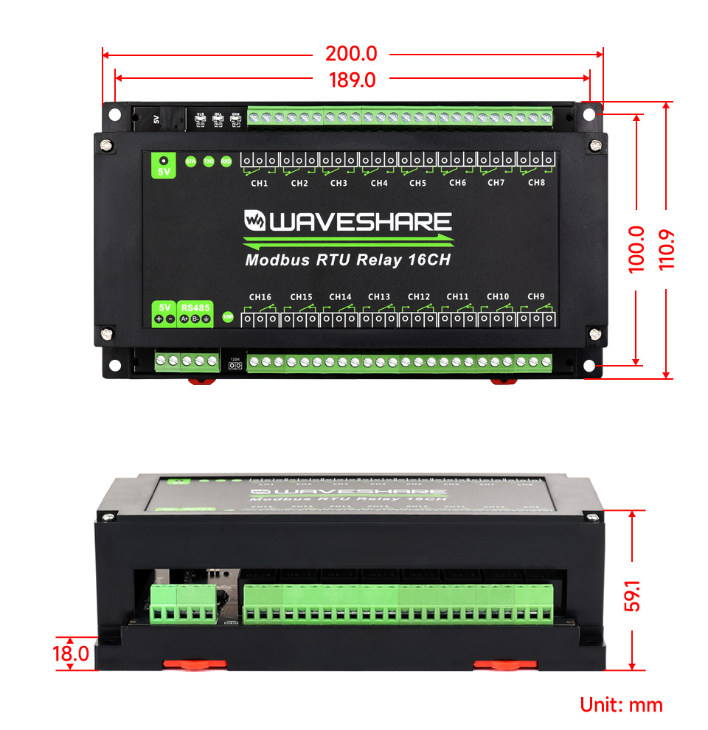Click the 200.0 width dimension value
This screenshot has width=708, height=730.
[351, 54]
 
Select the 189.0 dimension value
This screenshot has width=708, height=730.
[352, 80]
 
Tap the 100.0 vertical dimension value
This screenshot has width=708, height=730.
[636, 249]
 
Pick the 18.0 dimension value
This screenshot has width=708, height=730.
[71, 653]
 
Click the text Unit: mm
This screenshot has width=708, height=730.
[621, 704]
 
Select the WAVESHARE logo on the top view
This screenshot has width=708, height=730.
[347, 222]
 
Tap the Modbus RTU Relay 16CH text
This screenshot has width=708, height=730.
[347, 259]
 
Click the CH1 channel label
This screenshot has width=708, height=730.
[260, 183]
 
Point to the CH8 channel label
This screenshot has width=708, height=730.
[536, 182]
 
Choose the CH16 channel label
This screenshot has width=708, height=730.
[260, 297]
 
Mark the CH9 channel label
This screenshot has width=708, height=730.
[536, 296]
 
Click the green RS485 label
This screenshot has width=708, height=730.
[195, 307]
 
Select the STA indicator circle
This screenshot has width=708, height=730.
[190, 161]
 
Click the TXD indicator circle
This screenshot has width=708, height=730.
[209, 161]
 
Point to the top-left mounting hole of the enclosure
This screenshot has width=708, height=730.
[115, 114]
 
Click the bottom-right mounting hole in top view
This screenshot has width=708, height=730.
[589, 366]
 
